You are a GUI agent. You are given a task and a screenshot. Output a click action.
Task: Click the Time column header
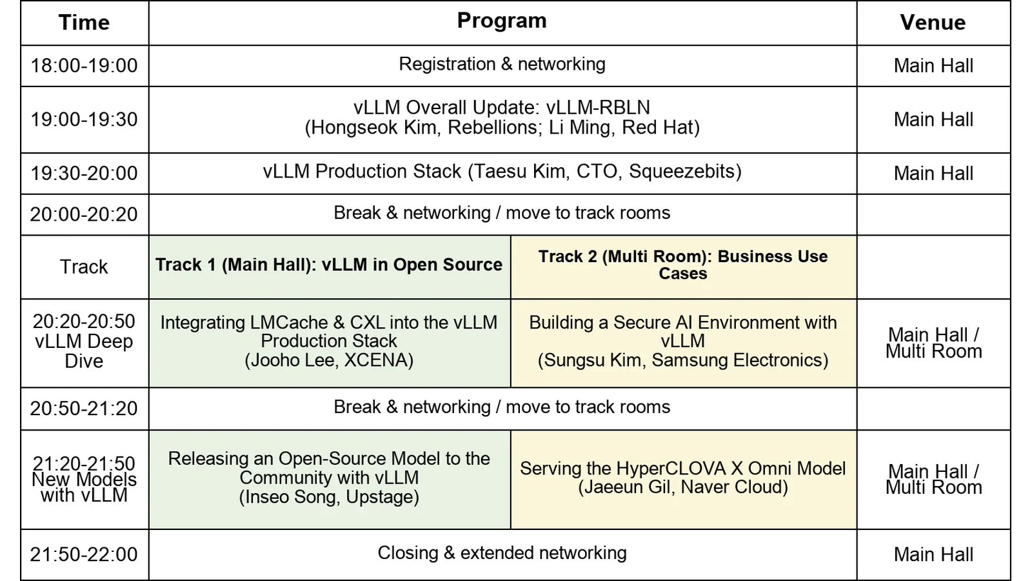[84, 23]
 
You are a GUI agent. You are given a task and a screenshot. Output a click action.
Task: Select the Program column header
[502, 21]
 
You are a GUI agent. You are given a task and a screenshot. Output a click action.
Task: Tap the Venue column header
[933, 23]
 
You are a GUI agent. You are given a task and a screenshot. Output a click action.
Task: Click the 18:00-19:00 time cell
[84, 65]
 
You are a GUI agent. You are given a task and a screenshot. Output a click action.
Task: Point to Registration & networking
[502, 64]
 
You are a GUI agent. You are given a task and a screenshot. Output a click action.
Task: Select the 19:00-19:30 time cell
[84, 119]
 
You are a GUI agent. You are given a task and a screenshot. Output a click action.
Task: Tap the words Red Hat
[657, 128]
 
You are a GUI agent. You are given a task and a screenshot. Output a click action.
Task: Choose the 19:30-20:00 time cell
[84, 174]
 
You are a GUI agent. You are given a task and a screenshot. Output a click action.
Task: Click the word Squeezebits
[682, 172]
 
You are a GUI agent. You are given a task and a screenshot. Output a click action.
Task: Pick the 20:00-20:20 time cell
[84, 214]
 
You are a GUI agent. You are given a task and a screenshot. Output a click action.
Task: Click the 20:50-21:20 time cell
[84, 409]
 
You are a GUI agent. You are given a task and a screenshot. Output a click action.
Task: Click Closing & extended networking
[502, 553]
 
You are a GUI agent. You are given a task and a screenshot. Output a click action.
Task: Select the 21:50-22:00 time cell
[84, 555]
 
